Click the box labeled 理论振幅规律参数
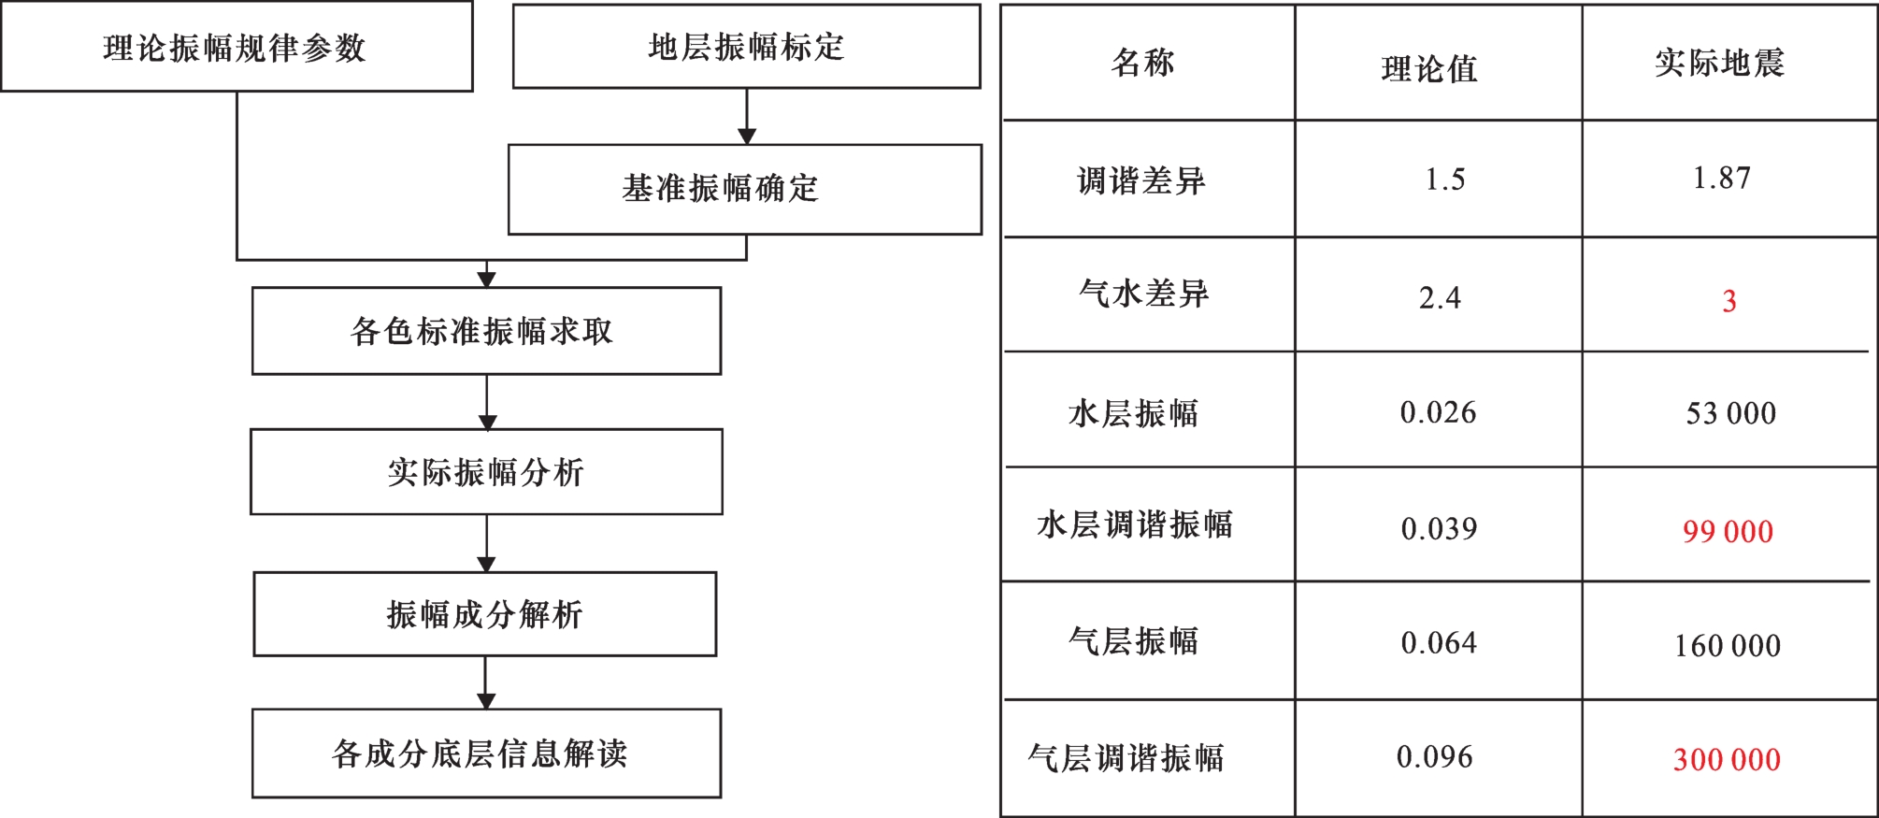[x=237, y=47]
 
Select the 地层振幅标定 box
[x=746, y=47]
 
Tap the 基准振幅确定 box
[x=745, y=189]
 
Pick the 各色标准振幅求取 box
[x=486, y=331]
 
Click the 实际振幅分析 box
[x=486, y=472]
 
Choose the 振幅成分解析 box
[x=485, y=614]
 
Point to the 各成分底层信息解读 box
[x=486, y=753]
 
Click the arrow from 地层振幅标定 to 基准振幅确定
[x=746, y=117]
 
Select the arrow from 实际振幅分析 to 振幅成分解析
[x=486, y=543]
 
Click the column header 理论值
[x=1429, y=68]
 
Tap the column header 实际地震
[x=1719, y=63]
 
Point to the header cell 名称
[x=1142, y=63]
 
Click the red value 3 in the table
[x=1729, y=301]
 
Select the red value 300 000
[x=1727, y=759]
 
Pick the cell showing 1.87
[x=1722, y=178]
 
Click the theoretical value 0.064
[x=1439, y=643]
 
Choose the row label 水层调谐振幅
[x=1135, y=524]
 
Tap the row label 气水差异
[x=1143, y=294]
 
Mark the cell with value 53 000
[x=1730, y=413]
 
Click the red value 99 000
[x=1728, y=532]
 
